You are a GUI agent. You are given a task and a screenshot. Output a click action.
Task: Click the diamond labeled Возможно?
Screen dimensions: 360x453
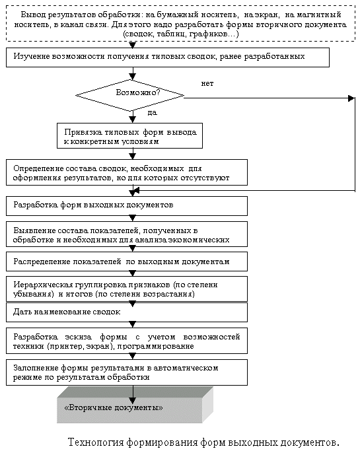pyautogui.click(x=129, y=95)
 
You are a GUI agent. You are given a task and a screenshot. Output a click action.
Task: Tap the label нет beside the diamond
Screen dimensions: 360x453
pyautogui.click(x=207, y=83)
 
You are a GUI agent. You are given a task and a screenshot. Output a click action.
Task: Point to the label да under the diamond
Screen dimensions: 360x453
pyautogui.click(x=152, y=113)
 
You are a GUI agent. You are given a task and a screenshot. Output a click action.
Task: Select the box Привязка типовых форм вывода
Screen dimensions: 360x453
pyautogui.click(x=129, y=136)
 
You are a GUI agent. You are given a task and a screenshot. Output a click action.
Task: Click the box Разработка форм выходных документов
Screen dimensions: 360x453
pyautogui.click(x=127, y=206)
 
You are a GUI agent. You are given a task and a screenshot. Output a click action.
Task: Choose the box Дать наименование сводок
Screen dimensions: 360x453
pyautogui.click(x=127, y=312)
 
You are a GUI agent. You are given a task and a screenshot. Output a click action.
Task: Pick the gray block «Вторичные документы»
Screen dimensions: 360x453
pyautogui.click(x=135, y=405)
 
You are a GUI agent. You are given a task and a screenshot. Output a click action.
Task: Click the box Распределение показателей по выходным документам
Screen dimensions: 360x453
pyautogui.click(x=127, y=261)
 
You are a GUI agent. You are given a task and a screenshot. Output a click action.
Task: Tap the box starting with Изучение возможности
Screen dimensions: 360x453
pyautogui.click(x=168, y=57)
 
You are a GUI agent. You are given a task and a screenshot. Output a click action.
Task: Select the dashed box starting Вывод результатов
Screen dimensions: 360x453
pyautogui.click(x=180, y=23)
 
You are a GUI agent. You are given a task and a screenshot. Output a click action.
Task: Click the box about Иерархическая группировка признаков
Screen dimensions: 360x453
pyautogui.click(x=127, y=289)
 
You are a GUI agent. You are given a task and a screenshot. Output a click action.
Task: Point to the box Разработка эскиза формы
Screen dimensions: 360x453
pyautogui.click(x=127, y=341)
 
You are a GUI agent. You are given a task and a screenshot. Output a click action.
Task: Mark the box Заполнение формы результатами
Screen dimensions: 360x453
pyautogui.click(x=127, y=372)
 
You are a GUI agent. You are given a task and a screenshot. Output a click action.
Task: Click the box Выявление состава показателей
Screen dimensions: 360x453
pyautogui.click(x=127, y=234)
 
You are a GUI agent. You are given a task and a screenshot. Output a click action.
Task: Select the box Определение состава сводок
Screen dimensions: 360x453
pyautogui.click(x=127, y=172)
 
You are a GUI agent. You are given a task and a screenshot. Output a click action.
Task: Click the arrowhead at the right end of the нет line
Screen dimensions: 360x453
pyautogui.click(x=351, y=98)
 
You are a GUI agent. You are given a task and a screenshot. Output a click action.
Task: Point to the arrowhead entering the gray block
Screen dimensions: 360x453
pyautogui.click(x=133, y=400)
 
